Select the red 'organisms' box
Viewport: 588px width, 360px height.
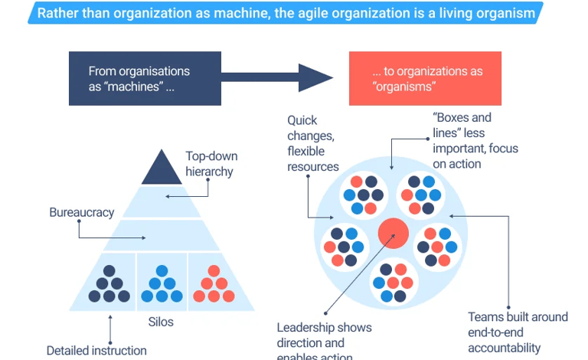[425, 78]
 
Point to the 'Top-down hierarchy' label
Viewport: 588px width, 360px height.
[209, 163]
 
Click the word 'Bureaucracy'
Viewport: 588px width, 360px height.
[82, 211]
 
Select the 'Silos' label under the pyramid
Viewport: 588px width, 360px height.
[160, 322]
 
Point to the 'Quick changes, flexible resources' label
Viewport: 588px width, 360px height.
[312, 143]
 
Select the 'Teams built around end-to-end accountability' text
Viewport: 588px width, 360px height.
[518, 332]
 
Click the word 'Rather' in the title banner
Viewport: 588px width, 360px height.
[58, 12]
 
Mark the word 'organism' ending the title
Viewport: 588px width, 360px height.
[506, 12]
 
